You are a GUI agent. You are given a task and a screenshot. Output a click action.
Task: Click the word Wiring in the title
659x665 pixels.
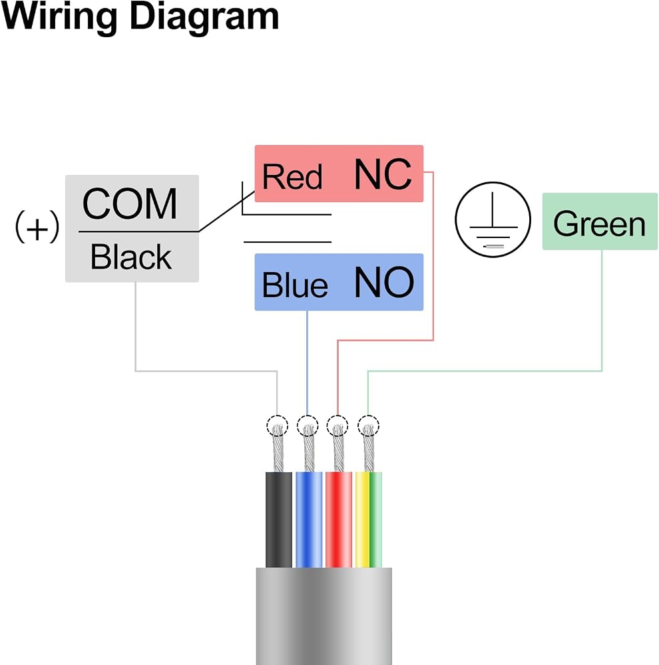coord(59,17)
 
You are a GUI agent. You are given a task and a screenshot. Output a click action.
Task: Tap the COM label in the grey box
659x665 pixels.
coord(130,204)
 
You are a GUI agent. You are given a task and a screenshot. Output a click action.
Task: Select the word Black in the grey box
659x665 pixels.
coord(131,257)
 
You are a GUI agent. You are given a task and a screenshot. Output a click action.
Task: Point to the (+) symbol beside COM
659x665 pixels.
coord(37,227)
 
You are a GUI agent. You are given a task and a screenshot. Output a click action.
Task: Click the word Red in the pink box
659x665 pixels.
coord(292,176)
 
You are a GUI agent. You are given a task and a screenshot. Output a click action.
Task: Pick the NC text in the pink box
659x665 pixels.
coord(383,174)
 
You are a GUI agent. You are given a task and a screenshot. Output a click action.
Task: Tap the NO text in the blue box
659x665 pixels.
coord(384,282)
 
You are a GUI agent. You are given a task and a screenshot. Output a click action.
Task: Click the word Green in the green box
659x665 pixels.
coord(599,223)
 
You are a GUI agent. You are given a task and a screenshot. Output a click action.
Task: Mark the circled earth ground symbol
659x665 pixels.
coord(493,219)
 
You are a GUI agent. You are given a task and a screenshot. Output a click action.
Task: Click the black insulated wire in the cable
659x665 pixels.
coord(278,519)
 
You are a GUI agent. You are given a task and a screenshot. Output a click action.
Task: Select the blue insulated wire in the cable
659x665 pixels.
coord(309,519)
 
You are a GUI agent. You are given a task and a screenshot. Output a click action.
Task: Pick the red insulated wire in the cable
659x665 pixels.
coord(338,519)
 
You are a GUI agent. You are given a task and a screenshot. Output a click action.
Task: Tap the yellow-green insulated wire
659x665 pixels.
coord(368,519)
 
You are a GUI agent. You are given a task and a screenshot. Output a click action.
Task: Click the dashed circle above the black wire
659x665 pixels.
coord(278,416)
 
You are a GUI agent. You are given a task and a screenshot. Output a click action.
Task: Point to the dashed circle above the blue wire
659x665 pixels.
coord(308,416)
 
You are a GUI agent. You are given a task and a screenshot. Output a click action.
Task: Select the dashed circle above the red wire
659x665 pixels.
coord(337,416)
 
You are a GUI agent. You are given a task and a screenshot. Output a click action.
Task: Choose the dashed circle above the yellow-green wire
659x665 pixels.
coord(368,416)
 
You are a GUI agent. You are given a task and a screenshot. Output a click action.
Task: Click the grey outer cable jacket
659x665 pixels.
coord(324,616)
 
